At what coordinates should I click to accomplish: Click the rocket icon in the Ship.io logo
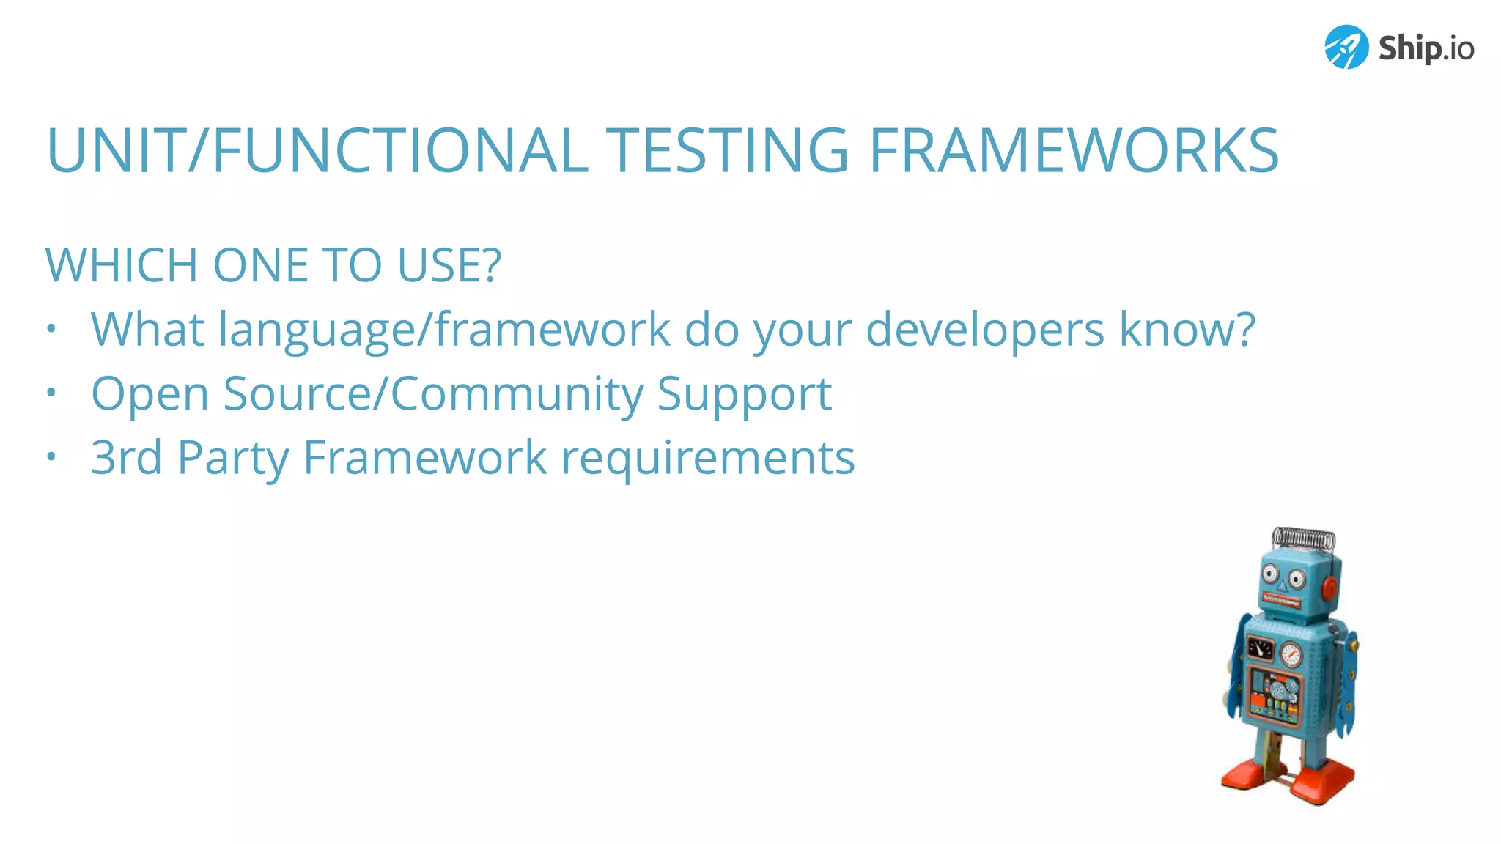click(1346, 47)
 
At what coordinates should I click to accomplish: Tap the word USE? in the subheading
click(449, 265)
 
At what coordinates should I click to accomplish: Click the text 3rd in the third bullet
click(126, 458)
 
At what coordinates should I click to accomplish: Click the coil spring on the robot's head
click(1303, 538)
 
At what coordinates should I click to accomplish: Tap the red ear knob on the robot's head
click(1329, 587)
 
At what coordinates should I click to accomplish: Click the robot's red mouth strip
click(1280, 601)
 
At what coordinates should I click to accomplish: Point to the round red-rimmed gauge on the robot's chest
click(1290, 653)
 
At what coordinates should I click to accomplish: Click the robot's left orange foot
click(1247, 774)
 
